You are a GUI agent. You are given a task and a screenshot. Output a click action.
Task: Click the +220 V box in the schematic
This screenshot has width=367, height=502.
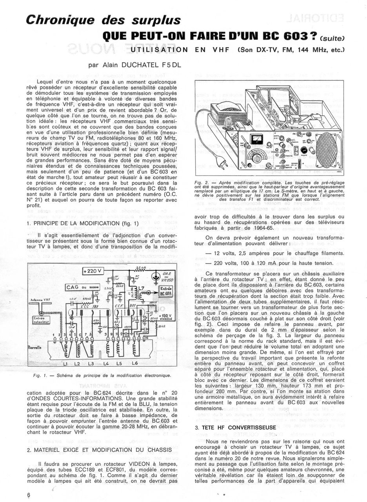coord(92,271)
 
